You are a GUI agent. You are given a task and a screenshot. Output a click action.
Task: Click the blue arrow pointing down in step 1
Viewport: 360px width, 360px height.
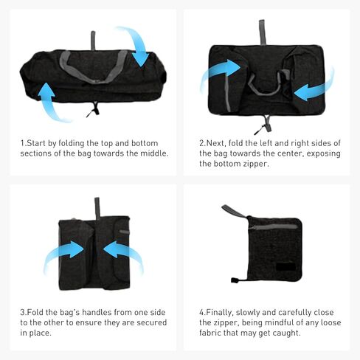pyautogui.click(x=138, y=46)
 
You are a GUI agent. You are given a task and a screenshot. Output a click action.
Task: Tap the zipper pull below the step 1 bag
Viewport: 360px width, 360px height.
pyautogui.click(x=93, y=109)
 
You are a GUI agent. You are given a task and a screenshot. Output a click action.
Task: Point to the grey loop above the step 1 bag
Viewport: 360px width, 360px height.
pyautogui.click(x=93, y=41)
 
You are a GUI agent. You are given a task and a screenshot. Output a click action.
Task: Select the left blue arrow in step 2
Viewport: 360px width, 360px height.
pyautogui.click(x=219, y=72)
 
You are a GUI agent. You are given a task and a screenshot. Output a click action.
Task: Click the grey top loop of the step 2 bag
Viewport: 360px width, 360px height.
pyautogui.click(x=262, y=32)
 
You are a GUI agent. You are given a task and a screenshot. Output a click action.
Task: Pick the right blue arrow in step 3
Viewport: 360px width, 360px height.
pyautogui.click(x=123, y=253)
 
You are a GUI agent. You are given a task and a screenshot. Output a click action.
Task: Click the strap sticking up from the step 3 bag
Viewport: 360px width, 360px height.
pyautogui.click(x=97, y=209)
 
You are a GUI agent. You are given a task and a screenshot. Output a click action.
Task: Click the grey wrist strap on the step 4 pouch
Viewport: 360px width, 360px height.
pyautogui.click(x=234, y=211)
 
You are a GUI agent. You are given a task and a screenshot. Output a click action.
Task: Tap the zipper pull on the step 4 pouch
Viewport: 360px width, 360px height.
pyautogui.click(x=235, y=280)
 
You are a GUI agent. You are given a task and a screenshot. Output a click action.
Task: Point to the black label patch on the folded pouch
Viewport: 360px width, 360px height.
pyautogui.click(x=285, y=267)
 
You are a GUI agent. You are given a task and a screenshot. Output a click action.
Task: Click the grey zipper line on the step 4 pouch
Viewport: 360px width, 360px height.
pyautogui.click(x=274, y=226)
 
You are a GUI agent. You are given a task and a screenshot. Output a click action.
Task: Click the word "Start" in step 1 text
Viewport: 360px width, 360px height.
pyautogui.click(x=36, y=143)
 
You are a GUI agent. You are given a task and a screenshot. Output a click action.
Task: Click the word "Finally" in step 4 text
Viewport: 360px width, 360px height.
pyautogui.click(x=219, y=313)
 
